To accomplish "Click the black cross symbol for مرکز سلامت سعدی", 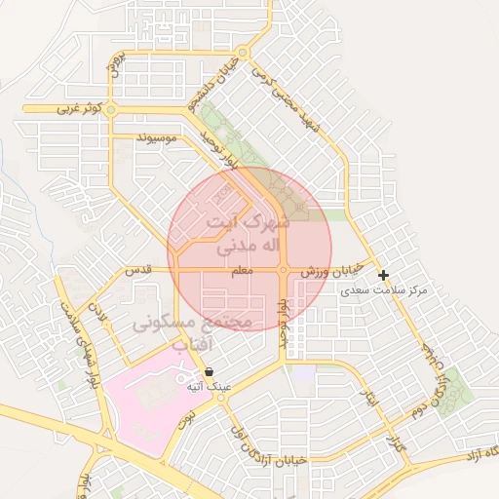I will click(384, 276).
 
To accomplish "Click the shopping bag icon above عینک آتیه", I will click(211, 371).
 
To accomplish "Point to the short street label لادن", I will click(96, 311).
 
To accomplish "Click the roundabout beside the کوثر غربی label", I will click(111, 110).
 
